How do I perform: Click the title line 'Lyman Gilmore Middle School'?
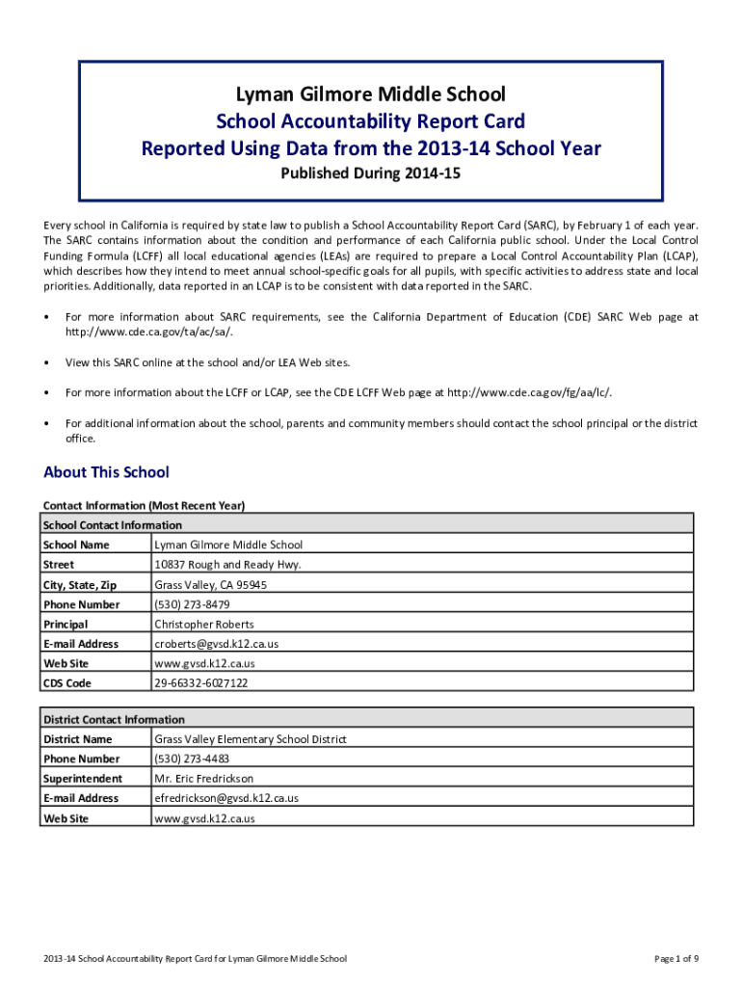click(x=371, y=94)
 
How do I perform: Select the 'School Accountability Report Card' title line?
click(x=371, y=121)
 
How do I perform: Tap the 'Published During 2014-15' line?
click(x=371, y=174)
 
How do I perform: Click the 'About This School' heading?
click(x=106, y=472)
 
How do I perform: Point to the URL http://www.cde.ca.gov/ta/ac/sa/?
click(x=148, y=332)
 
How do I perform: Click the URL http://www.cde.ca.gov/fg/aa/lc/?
click(x=529, y=392)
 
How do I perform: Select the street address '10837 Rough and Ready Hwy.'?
click(x=228, y=565)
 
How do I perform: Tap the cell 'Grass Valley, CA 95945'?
click(x=211, y=585)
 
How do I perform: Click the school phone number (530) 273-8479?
click(x=192, y=604)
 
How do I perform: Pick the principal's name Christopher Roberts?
click(x=204, y=625)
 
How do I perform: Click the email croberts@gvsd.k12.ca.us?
click(x=217, y=644)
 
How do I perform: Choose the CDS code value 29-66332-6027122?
click(x=201, y=683)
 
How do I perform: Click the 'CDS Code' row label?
click(x=67, y=683)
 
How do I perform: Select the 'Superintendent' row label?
click(x=83, y=779)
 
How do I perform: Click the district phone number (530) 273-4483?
click(x=192, y=759)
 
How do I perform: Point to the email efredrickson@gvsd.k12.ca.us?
click(x=226, y=798)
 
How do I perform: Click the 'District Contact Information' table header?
click(x=114, y=720)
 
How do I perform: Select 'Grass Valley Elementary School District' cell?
click(x=251, y=739)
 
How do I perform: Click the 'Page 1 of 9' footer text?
click(x=676, y=959)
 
